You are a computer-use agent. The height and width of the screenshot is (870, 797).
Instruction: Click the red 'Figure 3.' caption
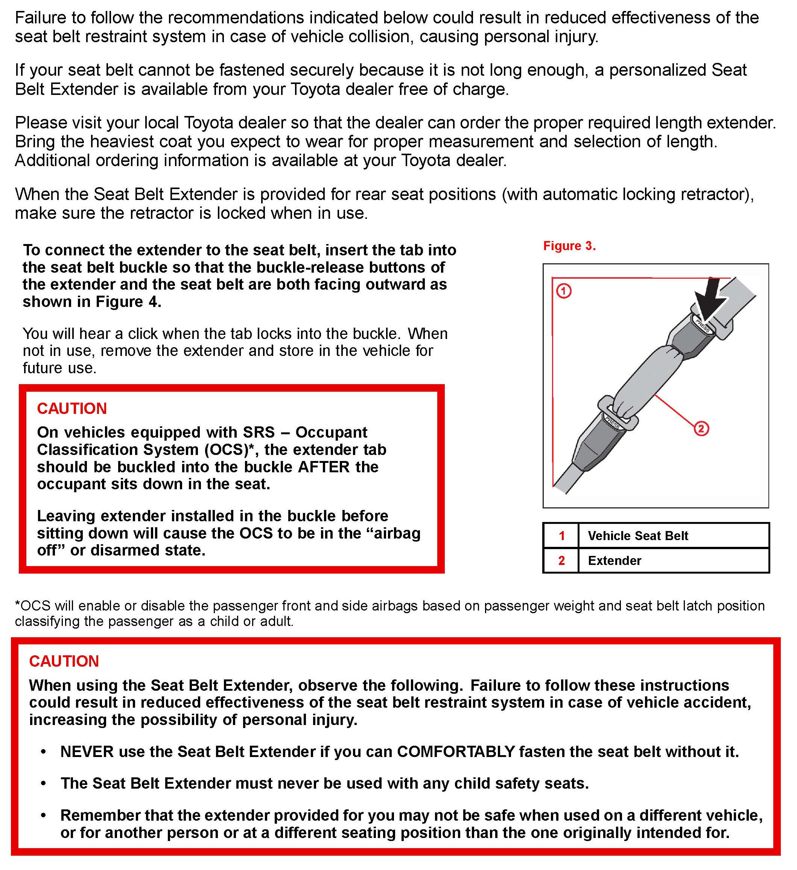(x=569, y=246)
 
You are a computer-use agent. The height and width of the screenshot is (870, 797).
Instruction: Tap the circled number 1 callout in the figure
(x=564, y=291)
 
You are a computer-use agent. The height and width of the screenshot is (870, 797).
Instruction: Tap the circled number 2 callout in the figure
(x=701, y=429)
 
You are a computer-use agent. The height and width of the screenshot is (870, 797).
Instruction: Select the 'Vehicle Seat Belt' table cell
(x=638, y=536)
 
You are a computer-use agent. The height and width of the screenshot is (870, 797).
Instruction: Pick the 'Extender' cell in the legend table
(x=614, y=560)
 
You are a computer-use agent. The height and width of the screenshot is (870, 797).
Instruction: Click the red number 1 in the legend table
(x=561, y=536)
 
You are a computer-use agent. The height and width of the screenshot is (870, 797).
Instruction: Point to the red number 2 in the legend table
(x=561, y=560)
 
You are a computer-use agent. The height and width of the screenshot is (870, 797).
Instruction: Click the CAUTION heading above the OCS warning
(x=72, y=409)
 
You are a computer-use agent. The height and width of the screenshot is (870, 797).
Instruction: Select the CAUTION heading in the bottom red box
(x=64, y=661)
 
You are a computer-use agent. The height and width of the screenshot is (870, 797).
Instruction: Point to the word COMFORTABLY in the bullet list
(x=456, y=752)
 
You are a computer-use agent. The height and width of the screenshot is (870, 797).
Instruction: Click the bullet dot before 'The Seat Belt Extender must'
(x=44, y=783)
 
